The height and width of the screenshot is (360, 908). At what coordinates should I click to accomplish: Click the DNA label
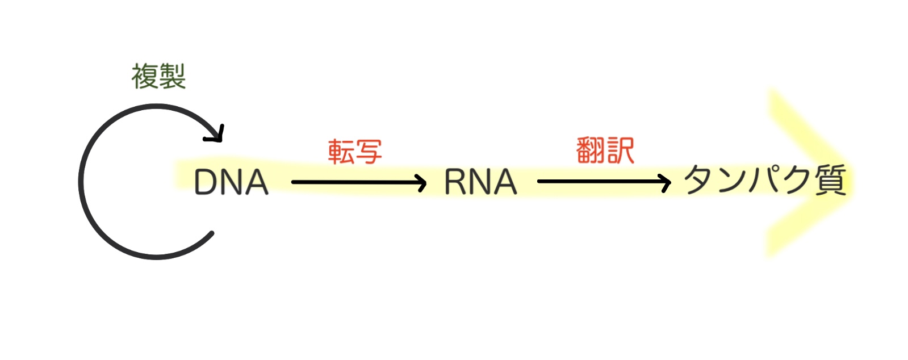click(231, 182)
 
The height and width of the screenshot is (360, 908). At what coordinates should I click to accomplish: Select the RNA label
click(480, 182)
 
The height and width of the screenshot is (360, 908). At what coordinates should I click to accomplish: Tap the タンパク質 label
click(765, 180)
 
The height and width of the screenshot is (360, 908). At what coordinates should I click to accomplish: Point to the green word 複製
click(158, 77)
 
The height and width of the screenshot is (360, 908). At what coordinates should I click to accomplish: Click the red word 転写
click(355, 152)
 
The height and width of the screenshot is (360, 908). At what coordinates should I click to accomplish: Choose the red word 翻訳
click(605, 150)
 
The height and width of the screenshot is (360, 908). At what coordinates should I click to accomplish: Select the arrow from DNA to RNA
click(358, 182)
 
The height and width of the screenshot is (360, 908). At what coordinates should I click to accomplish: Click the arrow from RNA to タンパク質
click(603, 182)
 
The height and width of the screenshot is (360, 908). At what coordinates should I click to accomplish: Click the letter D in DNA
click(206, 182)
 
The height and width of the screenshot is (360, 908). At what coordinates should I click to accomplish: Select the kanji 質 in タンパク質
click(830, 180)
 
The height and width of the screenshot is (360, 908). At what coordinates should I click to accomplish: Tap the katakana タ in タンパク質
click(700, 180)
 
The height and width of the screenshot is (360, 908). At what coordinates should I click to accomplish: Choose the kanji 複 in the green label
click(145, 77)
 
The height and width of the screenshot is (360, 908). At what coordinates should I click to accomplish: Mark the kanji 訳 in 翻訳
click(620, 150)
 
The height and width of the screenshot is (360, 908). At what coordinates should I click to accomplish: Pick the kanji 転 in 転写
click(341, 152)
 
